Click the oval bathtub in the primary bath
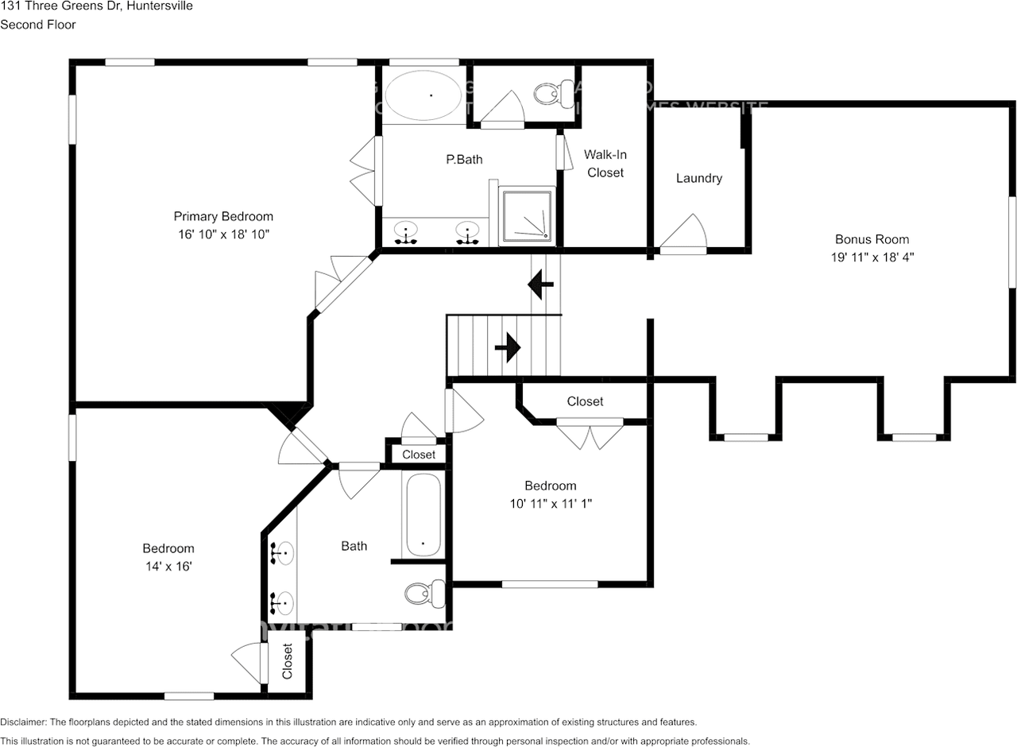(x=423, y=95)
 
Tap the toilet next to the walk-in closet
(x=554, y=94)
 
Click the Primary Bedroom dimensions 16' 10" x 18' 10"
(x=223, y=235)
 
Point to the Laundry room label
(x=699, y=178)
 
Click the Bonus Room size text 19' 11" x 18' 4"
(x=872, y=257)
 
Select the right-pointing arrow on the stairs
(x=508, y=346)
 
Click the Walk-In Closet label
(x=605, y=163)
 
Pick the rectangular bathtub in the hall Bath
(x=423, y=516)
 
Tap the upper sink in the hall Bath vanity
(x=282, y=552)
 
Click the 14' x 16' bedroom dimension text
(x=168, y=567)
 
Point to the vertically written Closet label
(x=288, y=661)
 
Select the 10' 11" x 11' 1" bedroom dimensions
(x=550, y=503)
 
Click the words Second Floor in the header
(x=38, y=24)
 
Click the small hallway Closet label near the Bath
(x=419, y=455)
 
